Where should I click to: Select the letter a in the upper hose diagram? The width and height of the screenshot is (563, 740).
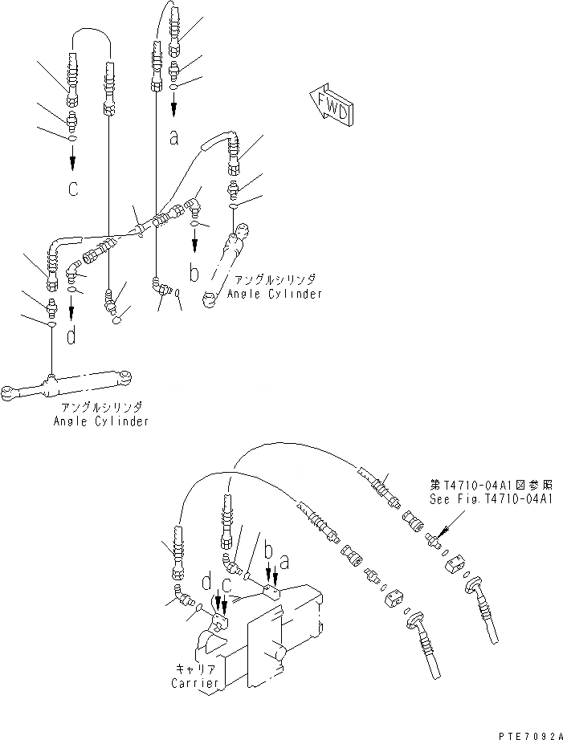click(173, 137)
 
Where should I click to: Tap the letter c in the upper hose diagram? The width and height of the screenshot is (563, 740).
click(73, 190)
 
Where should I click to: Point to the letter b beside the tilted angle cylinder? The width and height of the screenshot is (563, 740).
click(194, 274)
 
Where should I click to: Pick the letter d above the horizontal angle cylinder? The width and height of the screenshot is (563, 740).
click(72, 335)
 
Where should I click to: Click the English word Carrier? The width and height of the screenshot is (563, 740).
click(195, 683)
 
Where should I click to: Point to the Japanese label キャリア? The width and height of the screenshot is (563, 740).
click(195, 669)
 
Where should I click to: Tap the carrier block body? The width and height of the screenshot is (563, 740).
click(265, 634)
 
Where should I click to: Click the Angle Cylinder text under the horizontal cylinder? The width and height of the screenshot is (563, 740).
click(101, 421)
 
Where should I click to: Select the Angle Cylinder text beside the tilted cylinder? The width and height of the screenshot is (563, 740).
click(275, 294)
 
